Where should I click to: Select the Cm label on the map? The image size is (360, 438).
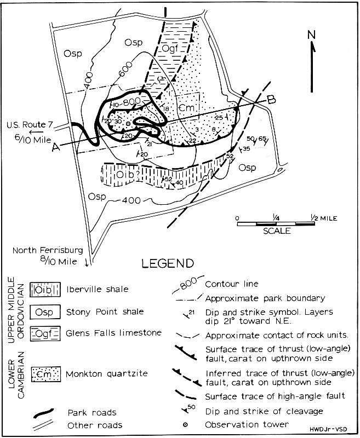(x=184, y=108)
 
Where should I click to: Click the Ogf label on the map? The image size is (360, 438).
(x=170, y=50)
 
